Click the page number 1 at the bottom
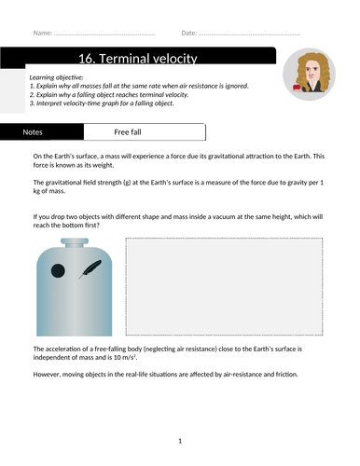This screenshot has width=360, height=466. [x=179, y=441]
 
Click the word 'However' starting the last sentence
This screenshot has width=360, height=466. [x=50, y=375]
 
